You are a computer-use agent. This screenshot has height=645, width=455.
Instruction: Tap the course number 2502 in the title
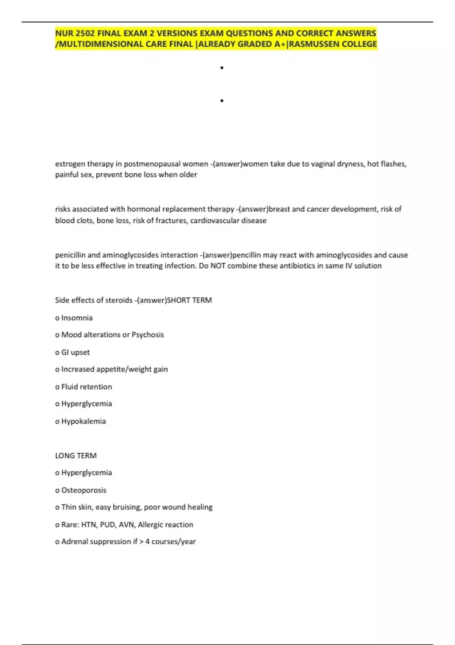click(85, 33)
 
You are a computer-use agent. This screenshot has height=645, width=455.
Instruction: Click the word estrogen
click(70, 164)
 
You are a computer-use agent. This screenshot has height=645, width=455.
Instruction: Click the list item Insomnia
click(77, 318)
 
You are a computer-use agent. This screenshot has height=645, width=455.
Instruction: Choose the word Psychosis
click(147, 335)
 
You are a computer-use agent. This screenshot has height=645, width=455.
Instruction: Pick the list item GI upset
click(75, 352)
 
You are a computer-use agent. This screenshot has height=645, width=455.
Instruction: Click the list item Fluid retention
click(86, 387)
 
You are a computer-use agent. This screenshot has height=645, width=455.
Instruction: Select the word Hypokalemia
click(83, 421)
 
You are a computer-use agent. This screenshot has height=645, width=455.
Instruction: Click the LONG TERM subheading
click(76, 455)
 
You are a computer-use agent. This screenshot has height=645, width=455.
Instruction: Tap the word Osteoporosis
click(84, 490)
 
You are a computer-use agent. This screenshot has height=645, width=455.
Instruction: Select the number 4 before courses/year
click(147, 541)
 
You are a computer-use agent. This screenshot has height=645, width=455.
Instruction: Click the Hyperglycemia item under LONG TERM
click(86, 473)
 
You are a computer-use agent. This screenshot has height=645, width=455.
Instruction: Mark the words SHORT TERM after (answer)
click(189, 300)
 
